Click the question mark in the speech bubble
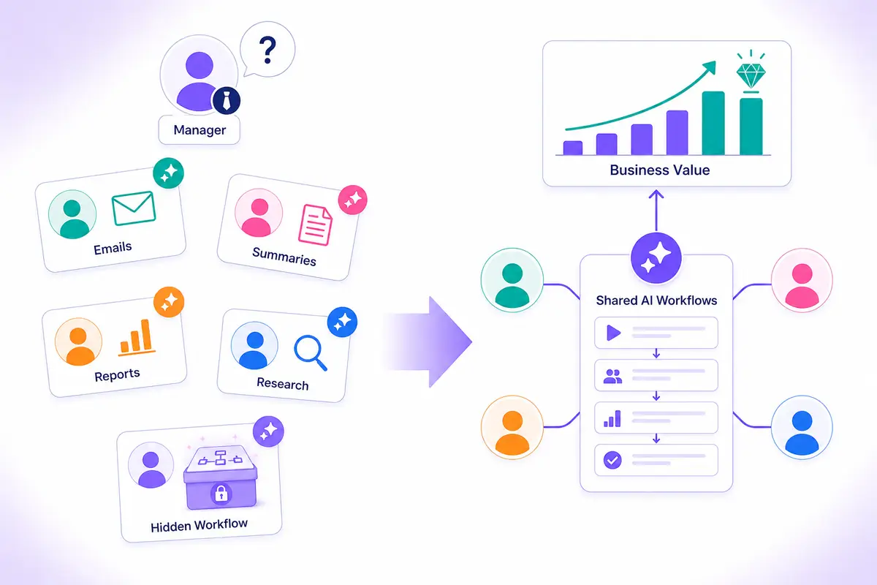pyautogui.click(x=267, y=50)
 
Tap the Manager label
pyautogui.click(x=200, y=130)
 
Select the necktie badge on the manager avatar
pyautogui.click(x=227, y=100)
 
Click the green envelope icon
pyautogui.click(x=134, y=208)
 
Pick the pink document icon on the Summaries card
pyautogui.click(x=315, y=225)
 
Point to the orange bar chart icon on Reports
pyautogui.click(x=136, y=338)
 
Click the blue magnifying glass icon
pyautogui.click(x=311, y=352)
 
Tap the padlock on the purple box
pyautogui.click(x=221, y=494)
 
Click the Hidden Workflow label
pyautogui.click(x=199, y=526)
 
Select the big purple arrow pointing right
pyautogui.click(x=429, y=341)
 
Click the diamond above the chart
pyautogui.click(x=751, y=75)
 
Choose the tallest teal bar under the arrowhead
pyautogui.click(x=713, y=123)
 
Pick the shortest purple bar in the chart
pyautogui.click(x=573, y=148)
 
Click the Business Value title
pyautogui.click(x=660, y=170)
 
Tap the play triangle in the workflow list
pyautogui.click(x=613, y=333)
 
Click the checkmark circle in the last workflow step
pyautogui.click(x=612, y=460)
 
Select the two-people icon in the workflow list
pyautogui.click(x=612, y=376)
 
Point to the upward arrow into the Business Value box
pyautogui.click(x=656, y=211)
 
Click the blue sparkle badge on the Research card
pyautogui.click(x=342, y=322)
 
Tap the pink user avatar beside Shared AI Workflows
pyautogui.click(x=802, y=280)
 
